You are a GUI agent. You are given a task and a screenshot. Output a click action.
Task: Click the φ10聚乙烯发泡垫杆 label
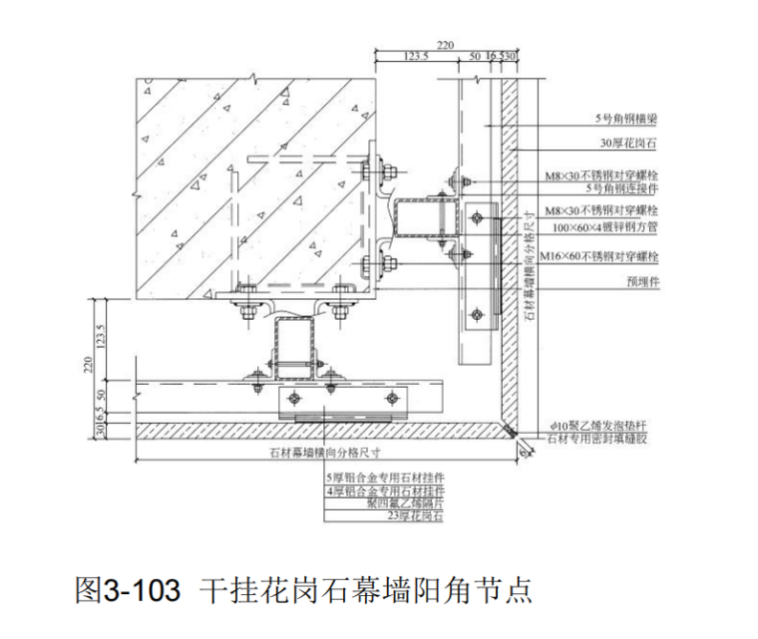606,424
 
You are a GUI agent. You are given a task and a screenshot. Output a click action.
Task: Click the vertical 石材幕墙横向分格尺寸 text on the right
528,269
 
